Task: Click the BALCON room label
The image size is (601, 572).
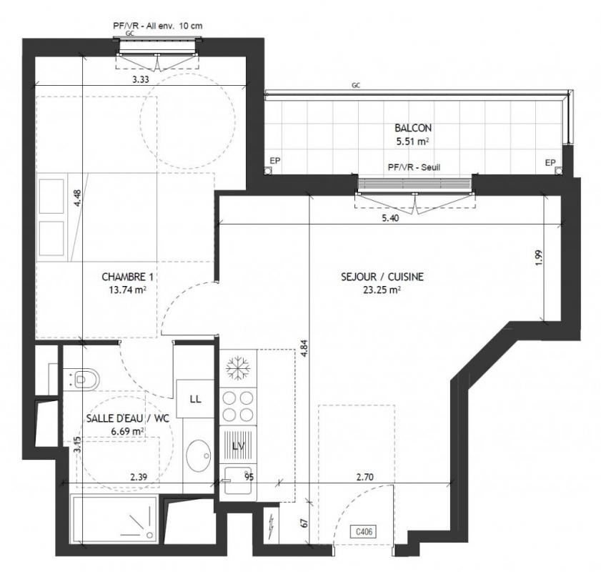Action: tap(413, 128)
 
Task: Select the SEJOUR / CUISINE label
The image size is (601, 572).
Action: tap(382, 277)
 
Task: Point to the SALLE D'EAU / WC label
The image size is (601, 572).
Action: tap(128, 418)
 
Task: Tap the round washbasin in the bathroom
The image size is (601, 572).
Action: tap(199, 456)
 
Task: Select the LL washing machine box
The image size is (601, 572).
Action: tap(195, 399)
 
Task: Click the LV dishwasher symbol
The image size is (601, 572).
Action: tap(238, 445)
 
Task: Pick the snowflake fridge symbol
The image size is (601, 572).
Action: tap(238, 368)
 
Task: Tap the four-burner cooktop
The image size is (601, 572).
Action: tap(238, 406)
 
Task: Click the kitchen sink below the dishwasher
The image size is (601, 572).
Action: tap(238, 480)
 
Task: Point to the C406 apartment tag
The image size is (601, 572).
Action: tap(364, 532)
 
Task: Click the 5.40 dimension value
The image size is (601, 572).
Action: tap(390, 219)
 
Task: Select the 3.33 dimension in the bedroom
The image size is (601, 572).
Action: tap(141, 79)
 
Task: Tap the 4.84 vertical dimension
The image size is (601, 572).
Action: tap(304, 348)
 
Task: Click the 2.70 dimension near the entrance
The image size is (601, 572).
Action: tap(365, 478)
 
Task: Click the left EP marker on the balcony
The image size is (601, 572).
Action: tap(275, 161)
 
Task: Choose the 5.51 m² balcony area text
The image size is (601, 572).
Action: tap(412, 141)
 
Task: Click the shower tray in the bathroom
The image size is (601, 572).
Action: tap(114, 519)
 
